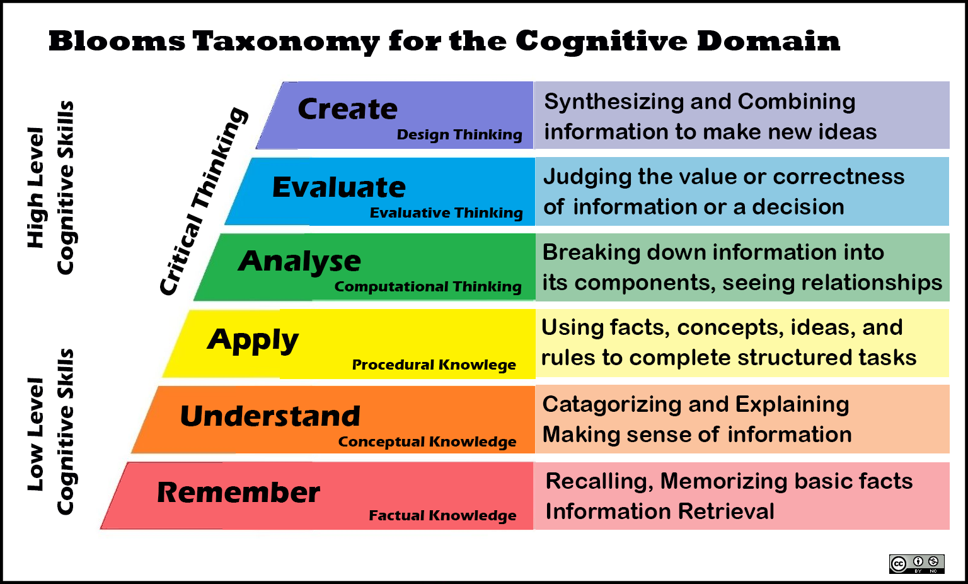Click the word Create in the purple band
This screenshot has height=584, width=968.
(347, 108)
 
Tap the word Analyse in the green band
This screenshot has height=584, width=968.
(299, 262)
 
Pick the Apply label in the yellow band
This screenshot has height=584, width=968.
(253, 341)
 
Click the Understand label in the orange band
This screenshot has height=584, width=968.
(270, 416)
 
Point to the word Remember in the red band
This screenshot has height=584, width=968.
(239, 493)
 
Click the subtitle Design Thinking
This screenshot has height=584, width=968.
(459, 135)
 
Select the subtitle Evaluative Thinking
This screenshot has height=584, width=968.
(446, 213)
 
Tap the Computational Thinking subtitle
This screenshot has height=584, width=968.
(428, 287)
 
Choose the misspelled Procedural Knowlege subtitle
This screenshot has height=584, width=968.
(434, 365)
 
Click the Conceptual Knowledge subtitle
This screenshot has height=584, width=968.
(427, 441)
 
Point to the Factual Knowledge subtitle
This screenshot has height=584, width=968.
(442, 516)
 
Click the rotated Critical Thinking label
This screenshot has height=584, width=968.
(204, 201)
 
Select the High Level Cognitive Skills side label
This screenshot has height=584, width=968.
(50, 187)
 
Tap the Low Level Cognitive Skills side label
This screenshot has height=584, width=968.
(50, 432)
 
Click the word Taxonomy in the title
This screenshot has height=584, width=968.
(286, 42)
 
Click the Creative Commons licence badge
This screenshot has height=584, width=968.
(916, 564)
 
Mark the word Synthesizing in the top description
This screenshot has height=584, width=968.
(614, 102)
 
